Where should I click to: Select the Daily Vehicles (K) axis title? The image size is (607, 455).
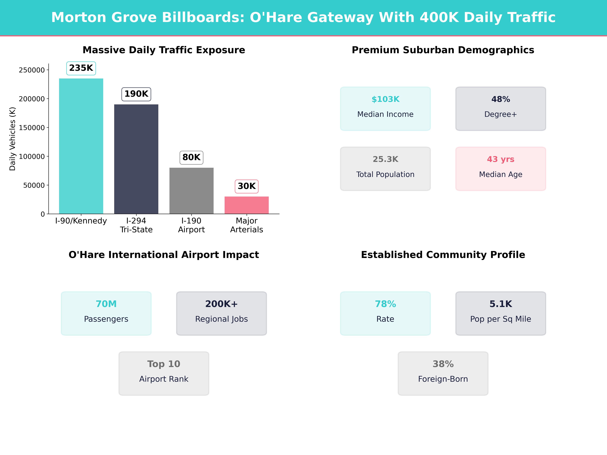pos(12,139)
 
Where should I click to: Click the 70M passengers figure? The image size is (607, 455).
pos(106,304)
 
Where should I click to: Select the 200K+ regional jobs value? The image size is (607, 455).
pos(221,304)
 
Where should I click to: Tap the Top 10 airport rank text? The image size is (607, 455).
pos(164,364)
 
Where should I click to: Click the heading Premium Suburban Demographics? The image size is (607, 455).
pos(443,50)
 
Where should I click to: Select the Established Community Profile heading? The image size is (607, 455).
pos(443,255)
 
